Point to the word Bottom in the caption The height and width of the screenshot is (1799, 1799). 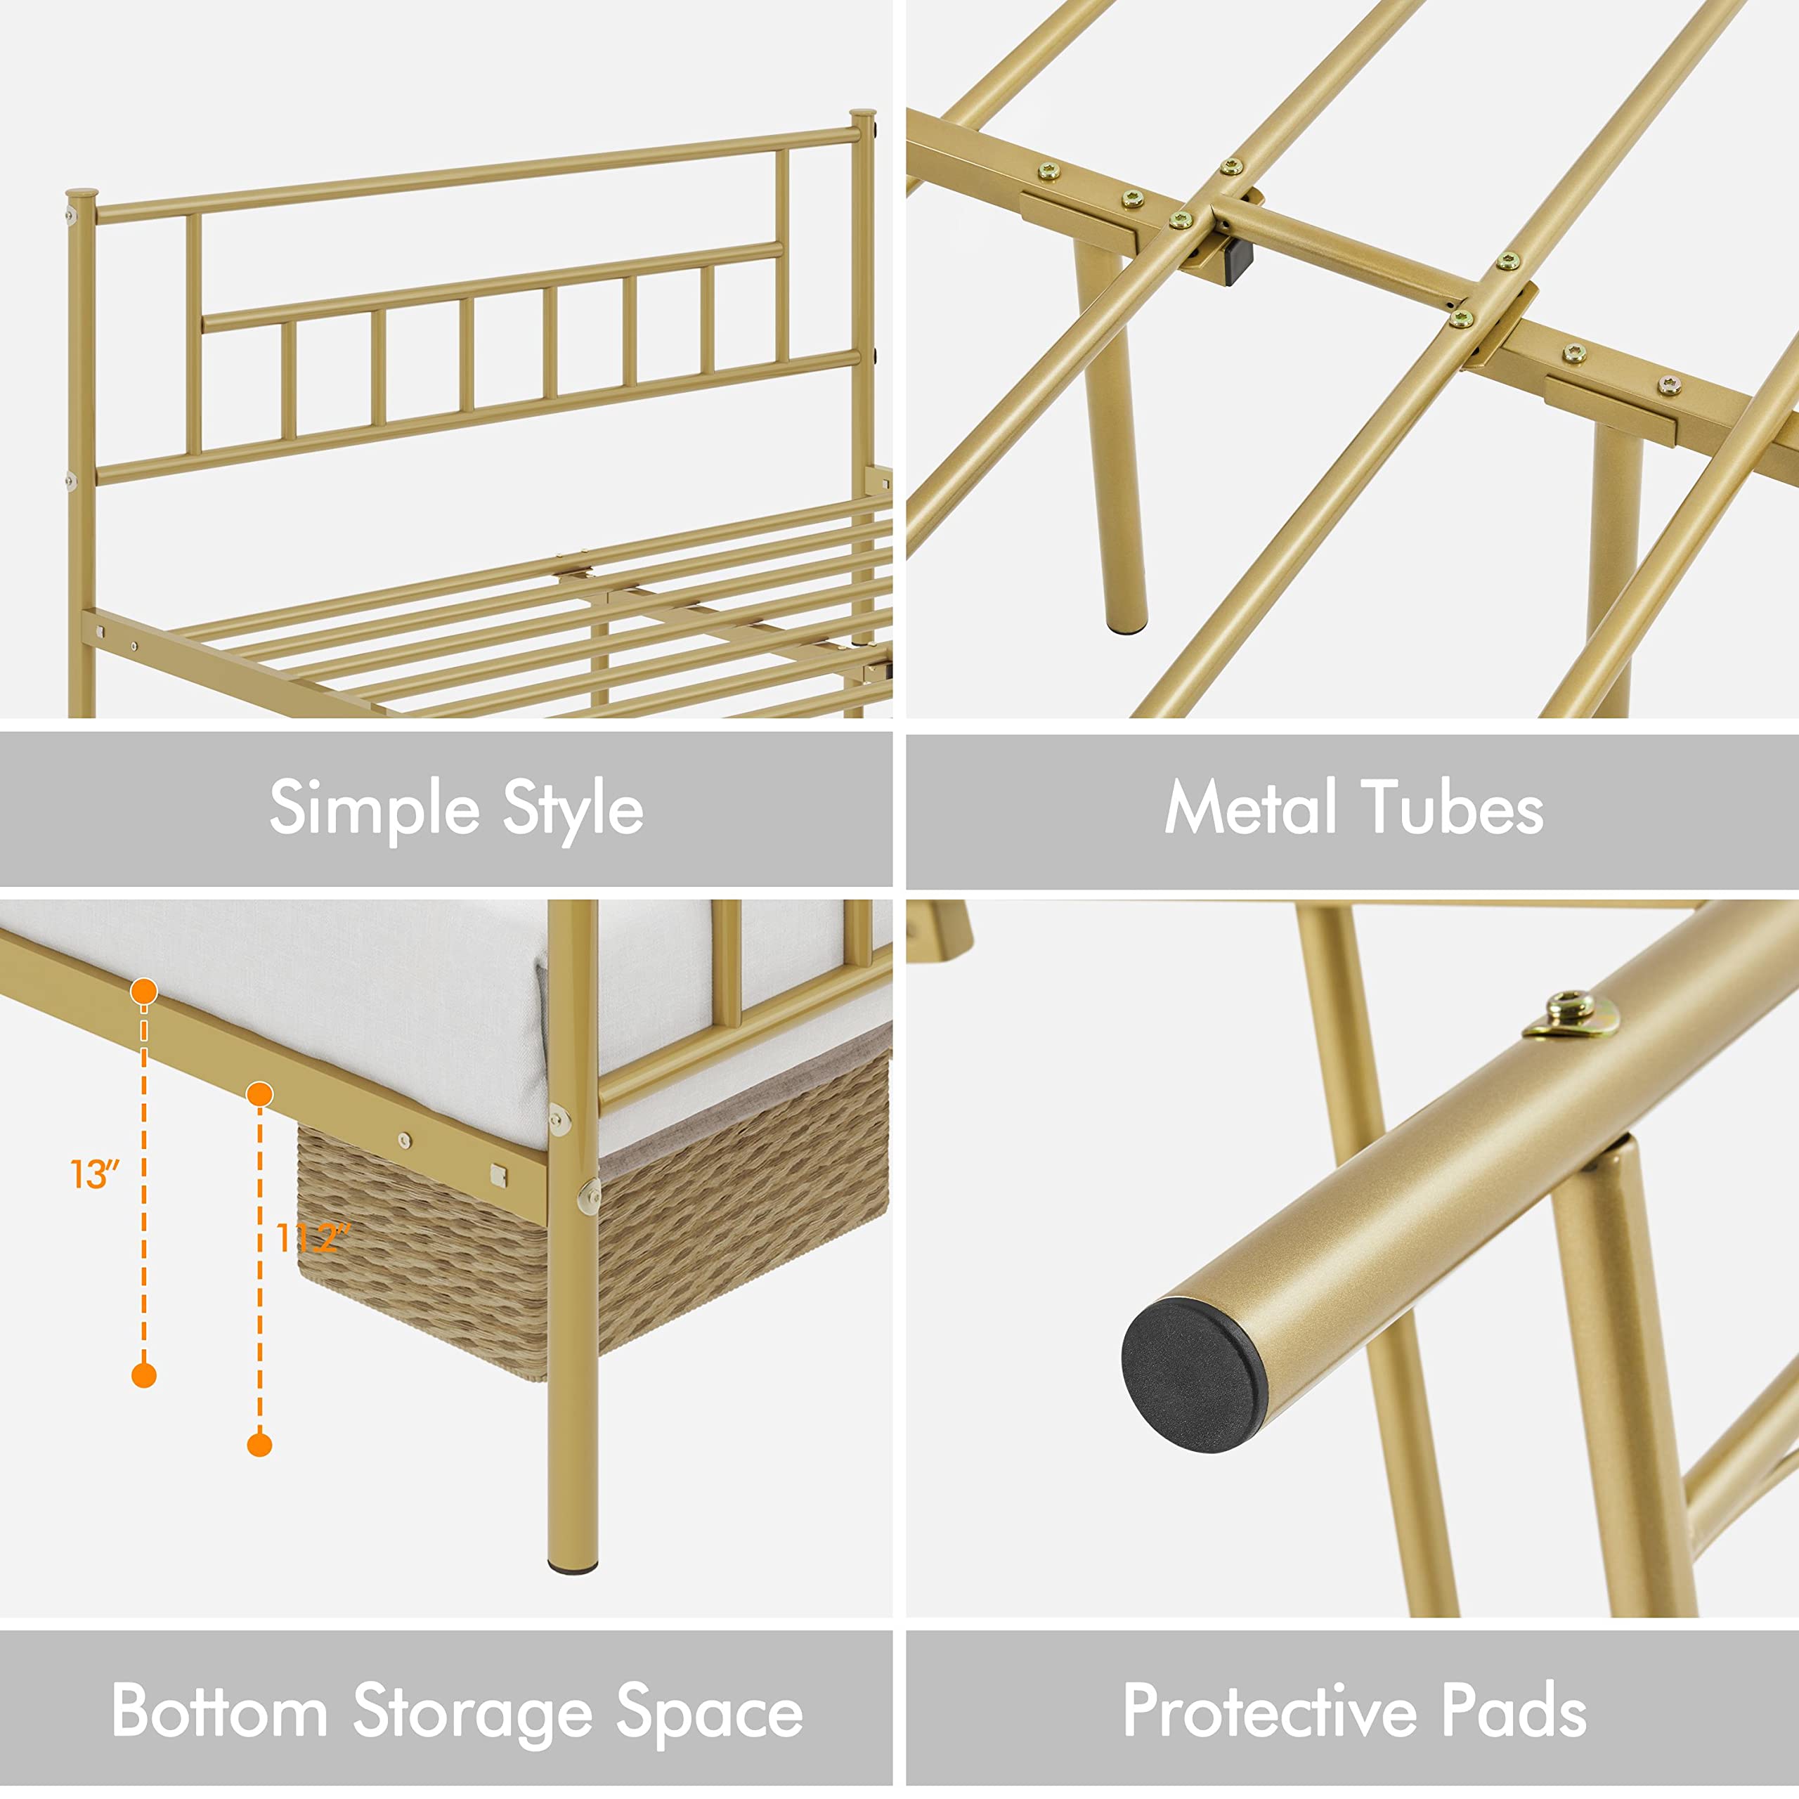pos(220,1710)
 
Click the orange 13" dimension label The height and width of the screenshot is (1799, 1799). pos(95,1174)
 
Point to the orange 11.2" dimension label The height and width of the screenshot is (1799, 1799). pos(313,1238)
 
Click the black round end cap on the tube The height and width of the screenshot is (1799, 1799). pos(1195,1377)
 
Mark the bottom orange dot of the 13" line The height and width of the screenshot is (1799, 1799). pos(143,1375)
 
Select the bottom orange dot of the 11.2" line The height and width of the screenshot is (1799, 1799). pos(260,1445)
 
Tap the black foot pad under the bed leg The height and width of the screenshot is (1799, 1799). pos(573,1569)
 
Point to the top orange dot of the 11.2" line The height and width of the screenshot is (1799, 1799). pos(260,1094)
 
